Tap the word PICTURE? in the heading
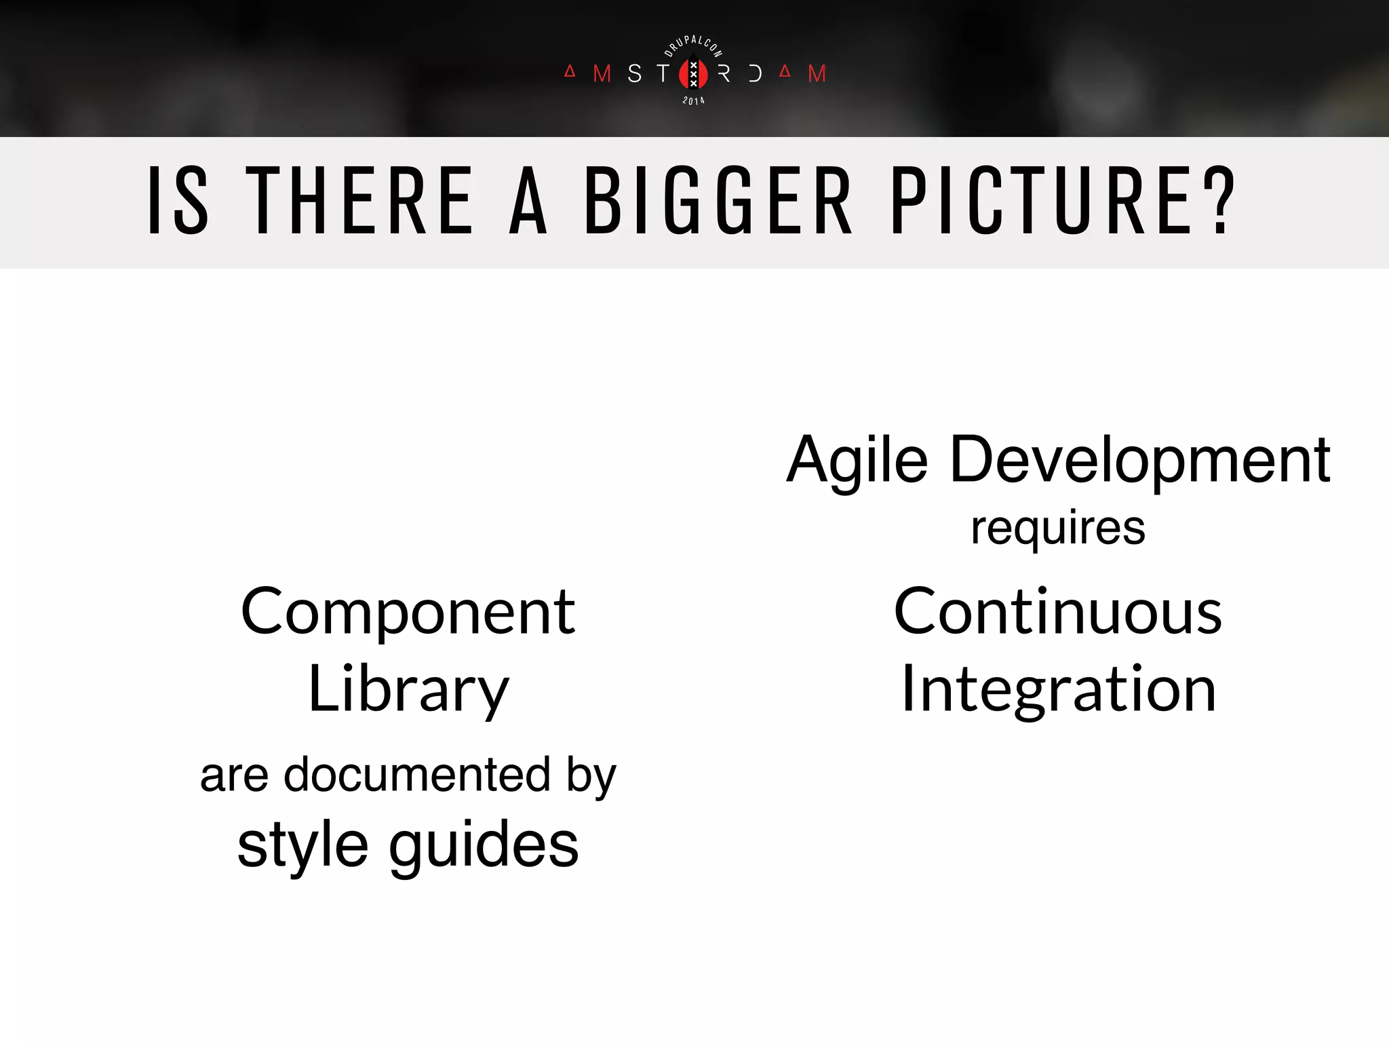[x=1063, y=201]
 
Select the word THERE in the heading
[x=359, y=201]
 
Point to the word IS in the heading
[x=178, y=201]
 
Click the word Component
[x=408, y=613]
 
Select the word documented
[x=416, y=775]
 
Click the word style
[x=302, y=846]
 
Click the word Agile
[x=857, y=461]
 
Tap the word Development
[x=1140, y=461]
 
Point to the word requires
[x=1058, y=528]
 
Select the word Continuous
[x=1058, y=613]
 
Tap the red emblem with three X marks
[x=693, y=74]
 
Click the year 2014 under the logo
[x=693, y=101]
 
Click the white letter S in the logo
[x=634, y=73]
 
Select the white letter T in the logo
[x=663, y=73]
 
